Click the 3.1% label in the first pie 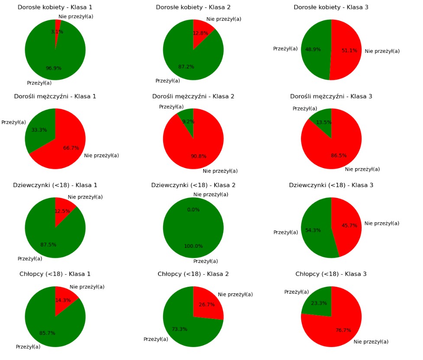point(57,32)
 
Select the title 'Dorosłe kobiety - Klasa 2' point(193,7)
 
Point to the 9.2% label point(188,122)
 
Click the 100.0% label point(193,246)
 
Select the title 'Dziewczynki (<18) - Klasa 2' point(193,185)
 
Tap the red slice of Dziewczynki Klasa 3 point(346,225)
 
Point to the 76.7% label point(343,330)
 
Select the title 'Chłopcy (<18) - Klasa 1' point(55,274)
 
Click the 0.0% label point(193,210)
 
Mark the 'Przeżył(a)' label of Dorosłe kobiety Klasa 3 point(285,49)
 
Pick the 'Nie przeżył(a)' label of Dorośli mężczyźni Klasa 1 point(101,156)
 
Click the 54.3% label point(313,230)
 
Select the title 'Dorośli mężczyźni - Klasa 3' point(331,96)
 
